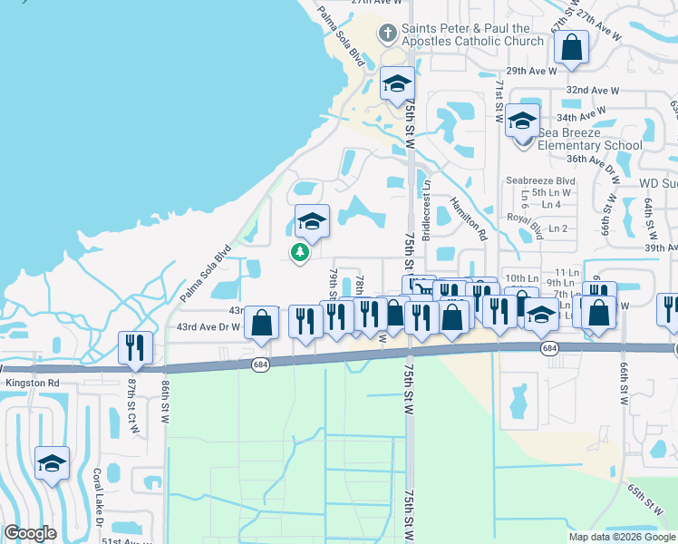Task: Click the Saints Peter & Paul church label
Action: (471, 34)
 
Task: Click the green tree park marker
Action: (298, 252)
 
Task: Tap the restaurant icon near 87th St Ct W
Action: (136, 348)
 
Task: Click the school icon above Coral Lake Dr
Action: (53, 464)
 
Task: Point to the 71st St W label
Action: (499, 101)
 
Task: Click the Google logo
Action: (30, 533)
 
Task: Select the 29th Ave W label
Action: (531, 70)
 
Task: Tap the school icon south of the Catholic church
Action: (396, 85)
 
